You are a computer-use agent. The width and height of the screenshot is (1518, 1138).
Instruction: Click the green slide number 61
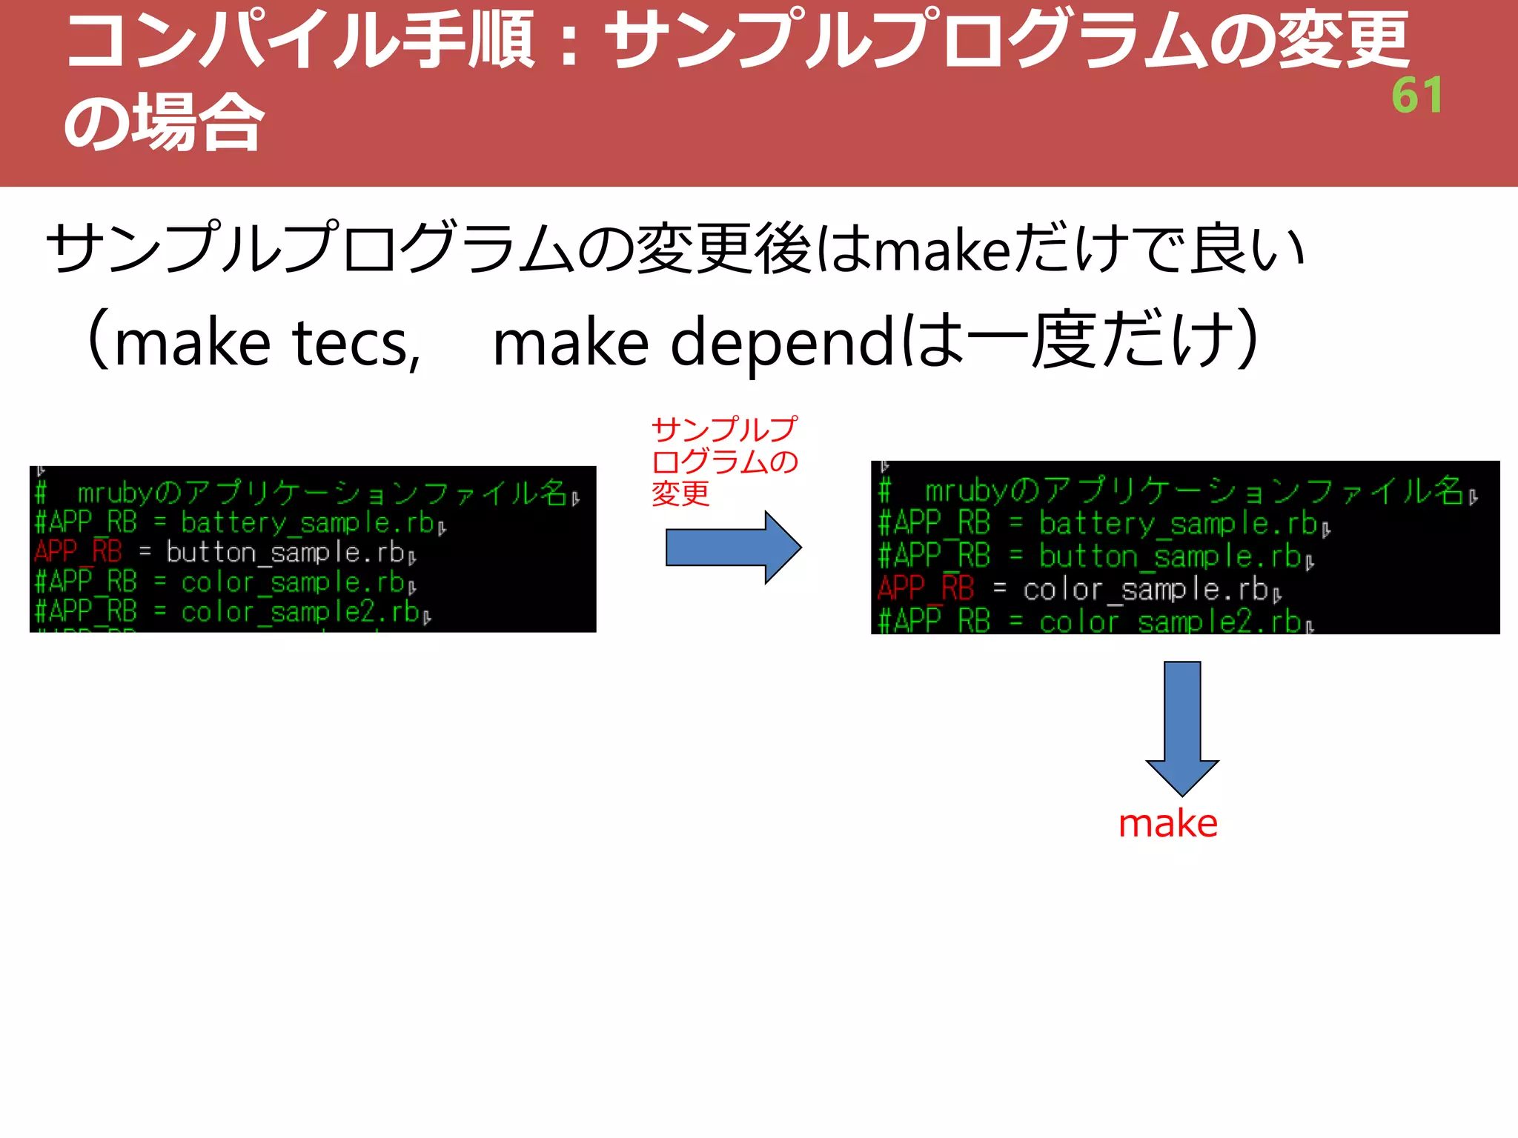pos(1416,96)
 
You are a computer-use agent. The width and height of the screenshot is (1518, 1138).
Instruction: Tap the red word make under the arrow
pos(1168,824)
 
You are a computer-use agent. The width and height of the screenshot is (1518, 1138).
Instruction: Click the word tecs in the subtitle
pos(356,343)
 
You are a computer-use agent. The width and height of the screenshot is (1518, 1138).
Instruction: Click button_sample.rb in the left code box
pos(285,553)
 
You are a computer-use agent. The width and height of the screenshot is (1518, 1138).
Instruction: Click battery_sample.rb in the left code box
pos(308,523)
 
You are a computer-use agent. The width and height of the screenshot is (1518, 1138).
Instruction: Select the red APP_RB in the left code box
pos(78,552)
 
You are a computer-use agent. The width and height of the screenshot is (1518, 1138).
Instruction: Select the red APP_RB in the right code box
pos(925,589)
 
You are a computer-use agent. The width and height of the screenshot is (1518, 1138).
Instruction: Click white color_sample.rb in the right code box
pos(1145,590)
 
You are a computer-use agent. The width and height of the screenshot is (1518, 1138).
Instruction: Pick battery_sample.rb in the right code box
pos(1178,524)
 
